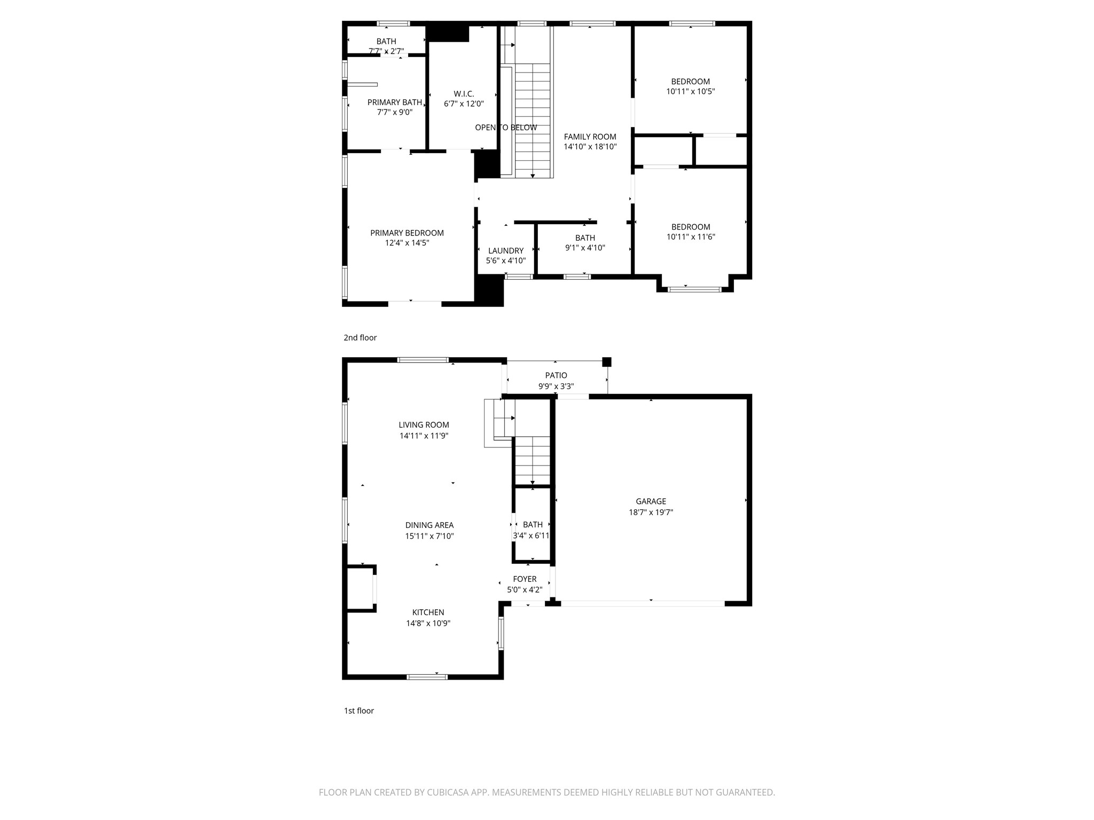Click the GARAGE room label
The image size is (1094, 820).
[651, 501]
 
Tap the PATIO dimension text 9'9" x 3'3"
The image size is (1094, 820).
[556, 387]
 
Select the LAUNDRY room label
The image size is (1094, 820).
[505, 251]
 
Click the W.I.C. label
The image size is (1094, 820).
[464, 94]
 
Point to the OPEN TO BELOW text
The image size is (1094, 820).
[506, 128]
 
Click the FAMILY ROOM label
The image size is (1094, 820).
[590, 137]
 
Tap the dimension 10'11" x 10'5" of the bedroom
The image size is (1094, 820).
[690, 91]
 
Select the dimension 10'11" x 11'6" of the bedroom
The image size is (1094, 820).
[690, 237]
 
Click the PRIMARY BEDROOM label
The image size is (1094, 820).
[407, 233]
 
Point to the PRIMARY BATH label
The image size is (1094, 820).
[394, 102]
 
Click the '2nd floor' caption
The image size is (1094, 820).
[360, 337]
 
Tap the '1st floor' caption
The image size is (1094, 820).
[358, 711]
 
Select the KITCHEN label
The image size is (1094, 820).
[428, 612]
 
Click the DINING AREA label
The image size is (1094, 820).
[429, 525]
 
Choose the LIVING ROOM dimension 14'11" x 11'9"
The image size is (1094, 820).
[424, 436]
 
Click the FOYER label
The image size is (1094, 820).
[525, 579]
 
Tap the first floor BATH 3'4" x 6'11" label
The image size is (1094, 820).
[533, 525]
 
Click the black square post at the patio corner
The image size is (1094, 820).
[606, 362]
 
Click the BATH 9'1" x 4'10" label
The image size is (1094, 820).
[585, 238]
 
